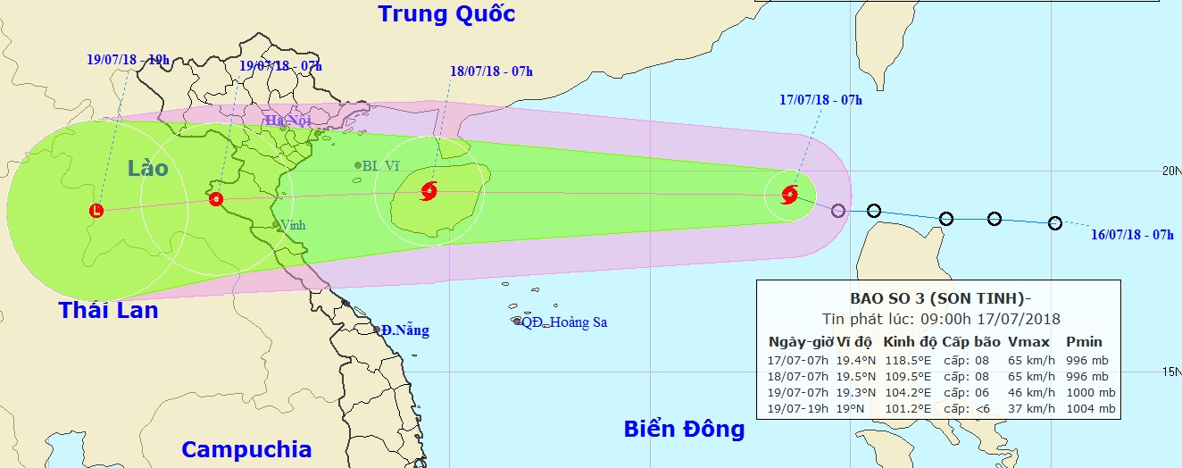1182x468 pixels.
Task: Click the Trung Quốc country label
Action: (447, 14)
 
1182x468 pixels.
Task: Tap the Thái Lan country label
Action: (108, 311)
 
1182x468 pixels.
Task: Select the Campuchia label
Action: (246, 449)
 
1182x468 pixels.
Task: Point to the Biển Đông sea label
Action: (684, 430)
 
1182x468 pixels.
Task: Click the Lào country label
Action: (147, 167)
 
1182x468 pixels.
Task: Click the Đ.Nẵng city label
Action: (404, 330)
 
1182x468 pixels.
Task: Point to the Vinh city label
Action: (293, 225)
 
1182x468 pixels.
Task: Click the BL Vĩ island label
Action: (381, 165)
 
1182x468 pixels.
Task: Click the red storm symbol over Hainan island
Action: (429, 190)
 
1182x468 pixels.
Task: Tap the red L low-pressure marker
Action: (96, 211)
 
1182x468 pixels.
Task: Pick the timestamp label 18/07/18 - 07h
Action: (490, 71)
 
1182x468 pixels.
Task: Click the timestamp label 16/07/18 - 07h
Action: (1132, 234)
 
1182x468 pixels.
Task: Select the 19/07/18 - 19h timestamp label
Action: (129, 60)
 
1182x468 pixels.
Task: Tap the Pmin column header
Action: (1084, 342)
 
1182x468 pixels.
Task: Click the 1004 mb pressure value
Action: (1090, 409)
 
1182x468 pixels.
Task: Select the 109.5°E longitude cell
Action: (907, 376)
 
